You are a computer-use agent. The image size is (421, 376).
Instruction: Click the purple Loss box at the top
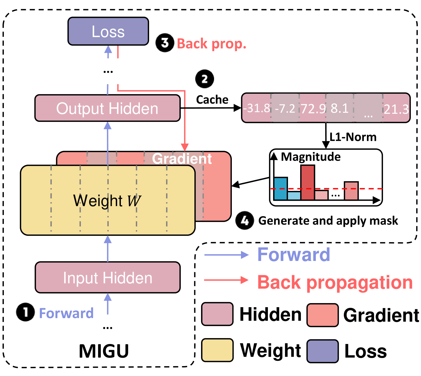108,31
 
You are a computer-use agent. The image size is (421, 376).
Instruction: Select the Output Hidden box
107,108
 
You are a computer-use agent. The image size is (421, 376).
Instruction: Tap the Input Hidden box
108,277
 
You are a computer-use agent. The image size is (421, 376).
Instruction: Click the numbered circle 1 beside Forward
25,312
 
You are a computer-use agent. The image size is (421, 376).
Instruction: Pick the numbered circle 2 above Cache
204,79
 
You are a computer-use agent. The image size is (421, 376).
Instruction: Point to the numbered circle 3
165,43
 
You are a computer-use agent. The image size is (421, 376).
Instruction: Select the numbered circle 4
245,220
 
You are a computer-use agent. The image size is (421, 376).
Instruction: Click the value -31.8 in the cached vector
256,108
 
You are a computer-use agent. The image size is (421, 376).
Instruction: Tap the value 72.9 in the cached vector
313,109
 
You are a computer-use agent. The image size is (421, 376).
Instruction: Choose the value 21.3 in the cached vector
396,109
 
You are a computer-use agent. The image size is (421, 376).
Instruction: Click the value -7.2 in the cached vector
285,109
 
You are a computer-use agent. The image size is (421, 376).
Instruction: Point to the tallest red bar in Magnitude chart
308,182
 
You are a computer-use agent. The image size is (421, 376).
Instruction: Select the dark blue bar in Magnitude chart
281,188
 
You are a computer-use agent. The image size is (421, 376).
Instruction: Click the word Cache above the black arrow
212,100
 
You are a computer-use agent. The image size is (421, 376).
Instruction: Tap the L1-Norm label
353,137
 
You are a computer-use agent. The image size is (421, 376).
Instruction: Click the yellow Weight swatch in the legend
217,350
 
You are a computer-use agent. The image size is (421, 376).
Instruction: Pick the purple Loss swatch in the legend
322,351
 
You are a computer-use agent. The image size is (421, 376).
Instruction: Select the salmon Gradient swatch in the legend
322,315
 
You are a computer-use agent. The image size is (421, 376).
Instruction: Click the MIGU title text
104,351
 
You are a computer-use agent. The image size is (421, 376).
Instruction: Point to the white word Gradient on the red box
182,159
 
